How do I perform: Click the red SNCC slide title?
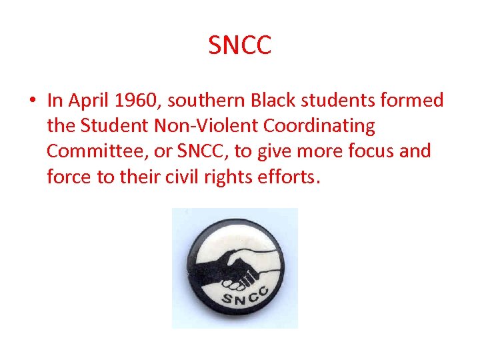(240, 46)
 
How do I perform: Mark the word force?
(67, 177)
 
